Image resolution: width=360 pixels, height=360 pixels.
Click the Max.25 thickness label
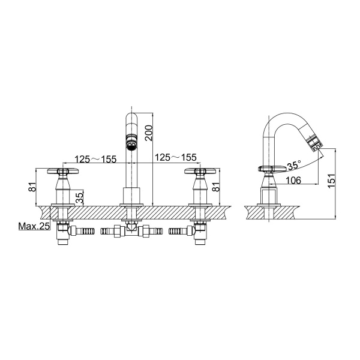[33, 227]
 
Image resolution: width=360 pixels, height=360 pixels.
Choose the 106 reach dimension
[293, 179]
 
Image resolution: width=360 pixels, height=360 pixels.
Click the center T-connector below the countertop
[130, 230]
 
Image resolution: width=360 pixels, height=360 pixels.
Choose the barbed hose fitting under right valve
[179, 230]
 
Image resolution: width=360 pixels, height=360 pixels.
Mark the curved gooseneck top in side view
[282, 115]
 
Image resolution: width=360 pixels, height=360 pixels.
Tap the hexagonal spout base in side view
[270, 196]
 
